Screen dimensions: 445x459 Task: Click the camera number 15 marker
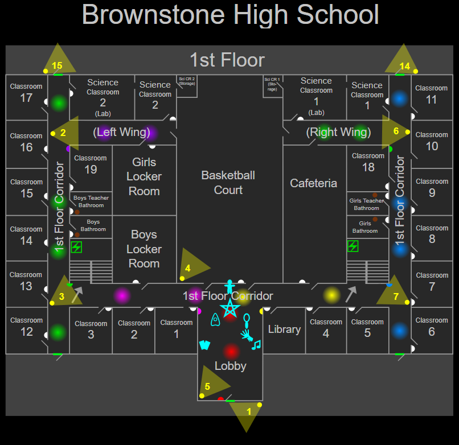coord(57,65)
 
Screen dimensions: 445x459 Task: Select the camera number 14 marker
coord(404,66)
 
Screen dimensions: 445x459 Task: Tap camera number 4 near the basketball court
coord(188,267)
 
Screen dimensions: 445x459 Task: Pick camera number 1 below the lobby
coord(248,410)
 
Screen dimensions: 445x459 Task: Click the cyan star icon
coord(230,309)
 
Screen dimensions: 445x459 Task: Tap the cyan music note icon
coord(256,344)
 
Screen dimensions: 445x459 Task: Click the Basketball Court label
coord(228,183)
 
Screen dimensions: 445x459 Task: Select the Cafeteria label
coord(313,183)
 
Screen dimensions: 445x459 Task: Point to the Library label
coord(284,329)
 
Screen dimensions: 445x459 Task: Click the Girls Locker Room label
coord(144,176)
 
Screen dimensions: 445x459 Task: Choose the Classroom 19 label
coord(91,164)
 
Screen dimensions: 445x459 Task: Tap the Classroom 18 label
coord(368,162)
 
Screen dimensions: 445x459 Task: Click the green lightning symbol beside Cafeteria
coord(353,246)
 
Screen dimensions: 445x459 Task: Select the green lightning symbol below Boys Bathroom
coord(76,248)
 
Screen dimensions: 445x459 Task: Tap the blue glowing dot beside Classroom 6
coord(400,331)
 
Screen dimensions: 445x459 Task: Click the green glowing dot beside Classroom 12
coord(58,333)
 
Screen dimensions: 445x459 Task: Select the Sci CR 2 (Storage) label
coord(187,81)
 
